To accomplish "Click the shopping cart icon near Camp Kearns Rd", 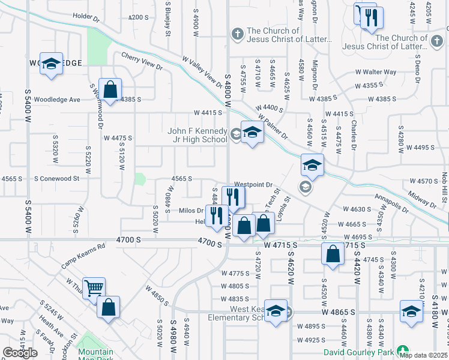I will click(x=94, y=288).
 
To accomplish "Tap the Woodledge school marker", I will click(x=52, y=63).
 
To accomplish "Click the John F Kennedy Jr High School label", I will click(x=197, y=135).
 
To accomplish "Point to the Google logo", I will click(x=20, y=353).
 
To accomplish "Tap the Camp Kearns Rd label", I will click(x=83, y=256).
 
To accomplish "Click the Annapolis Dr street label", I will click(x=390, y=202).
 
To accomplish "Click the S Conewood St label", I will click(x=57, y=178).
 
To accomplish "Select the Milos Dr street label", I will click(x=192, y=210).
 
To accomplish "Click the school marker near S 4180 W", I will click(x=411, y=311).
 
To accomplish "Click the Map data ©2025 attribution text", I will click(x=423, y=355).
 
